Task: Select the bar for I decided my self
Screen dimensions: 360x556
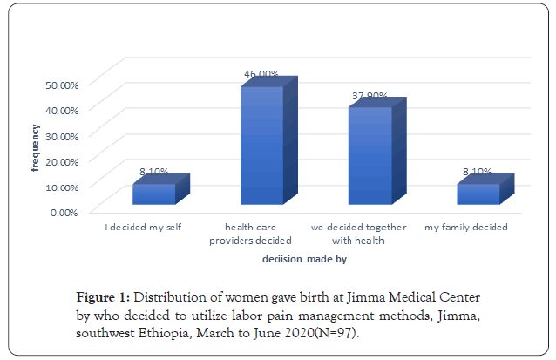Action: (154, 194)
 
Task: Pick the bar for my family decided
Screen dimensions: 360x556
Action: (478, 194)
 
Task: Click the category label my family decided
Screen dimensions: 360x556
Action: (466, 227)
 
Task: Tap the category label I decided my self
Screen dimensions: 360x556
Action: (143, 227)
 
